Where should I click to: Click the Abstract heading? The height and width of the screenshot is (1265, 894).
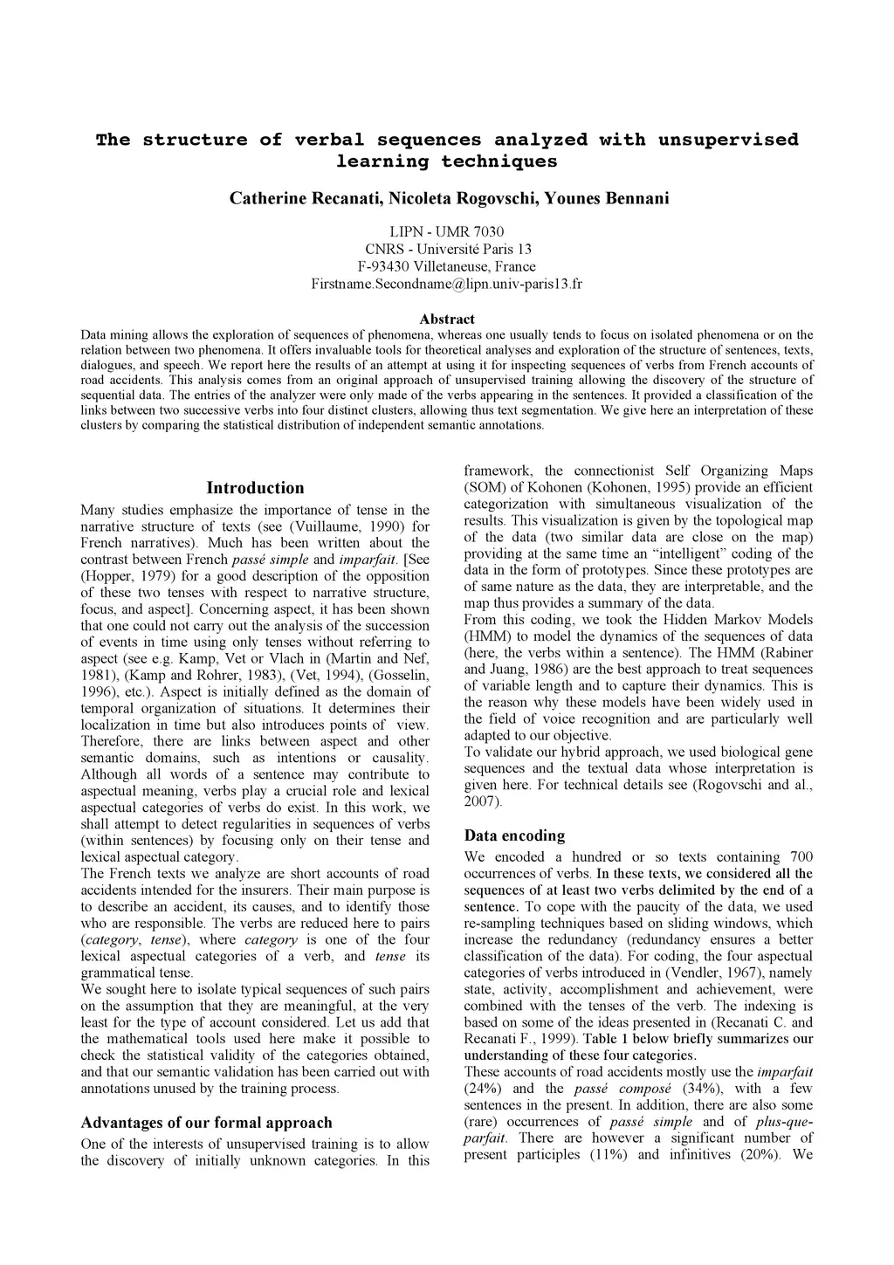(447, 320)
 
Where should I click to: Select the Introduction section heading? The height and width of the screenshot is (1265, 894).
(255, 488)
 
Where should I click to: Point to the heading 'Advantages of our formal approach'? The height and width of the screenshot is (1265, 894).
(206, 1123)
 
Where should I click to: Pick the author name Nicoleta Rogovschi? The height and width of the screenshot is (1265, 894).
(459, 198)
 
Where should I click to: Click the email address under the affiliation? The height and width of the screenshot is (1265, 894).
(447, 284)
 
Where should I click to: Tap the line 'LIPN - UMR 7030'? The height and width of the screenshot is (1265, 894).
(447, 231)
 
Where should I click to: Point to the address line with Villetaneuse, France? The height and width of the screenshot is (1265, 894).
(447, 266)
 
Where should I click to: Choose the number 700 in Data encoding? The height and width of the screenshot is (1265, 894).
(800, 857)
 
